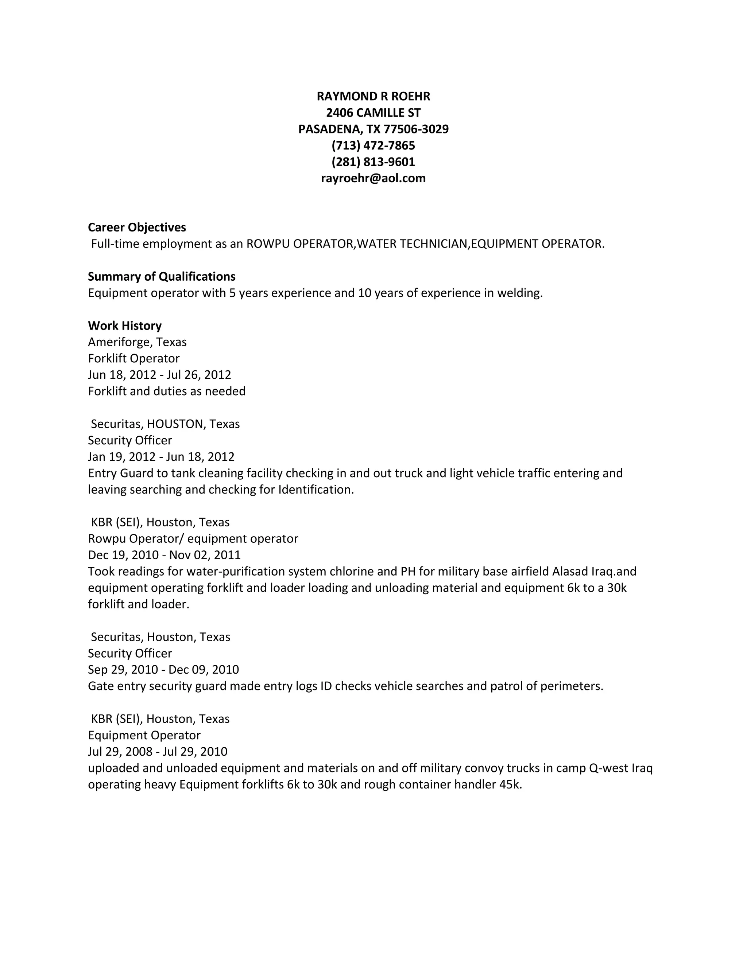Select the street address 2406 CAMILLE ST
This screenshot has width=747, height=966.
(373, 113)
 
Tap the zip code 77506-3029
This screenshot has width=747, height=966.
(416, 129)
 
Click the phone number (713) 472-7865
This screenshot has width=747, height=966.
(373, 145)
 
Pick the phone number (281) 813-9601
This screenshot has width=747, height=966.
(373, 162)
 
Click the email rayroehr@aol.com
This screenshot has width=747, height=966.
(373, 178)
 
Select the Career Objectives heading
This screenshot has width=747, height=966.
(137, 227)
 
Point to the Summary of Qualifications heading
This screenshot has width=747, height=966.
(162, 276)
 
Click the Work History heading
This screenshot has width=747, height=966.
(125, 326)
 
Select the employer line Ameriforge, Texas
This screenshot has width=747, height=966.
(137, 342)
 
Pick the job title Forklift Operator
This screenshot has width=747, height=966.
(133, 358)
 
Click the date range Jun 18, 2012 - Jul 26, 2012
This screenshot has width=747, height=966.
(159, 375)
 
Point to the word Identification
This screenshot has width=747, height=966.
(316, 490)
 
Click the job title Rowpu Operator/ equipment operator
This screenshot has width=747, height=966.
(193, 539)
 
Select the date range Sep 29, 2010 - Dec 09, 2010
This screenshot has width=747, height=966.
(163, 670)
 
